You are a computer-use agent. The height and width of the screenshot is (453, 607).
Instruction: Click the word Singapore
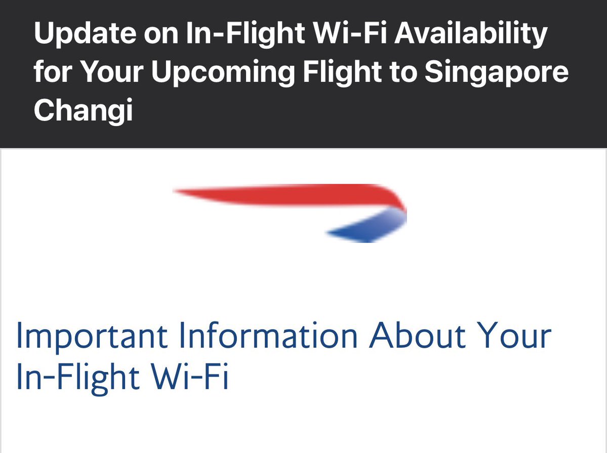[x=496, y=73]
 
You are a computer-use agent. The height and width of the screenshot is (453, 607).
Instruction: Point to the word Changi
[x=83, y=111]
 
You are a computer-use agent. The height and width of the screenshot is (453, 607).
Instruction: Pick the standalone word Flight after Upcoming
[x=341, y=73]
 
